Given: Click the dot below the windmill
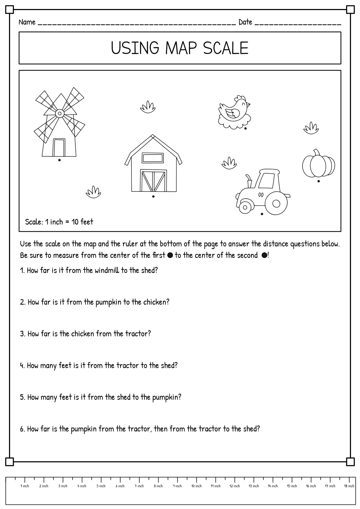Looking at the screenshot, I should pyautogui.click(x=59, y=160).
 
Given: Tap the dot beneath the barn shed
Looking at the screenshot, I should pyautogui.click(x=153, y=196).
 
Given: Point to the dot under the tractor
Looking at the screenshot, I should pyautogui.click(x=262, y=214).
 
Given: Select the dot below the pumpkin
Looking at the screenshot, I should pyautogui.click(x=319, y=181).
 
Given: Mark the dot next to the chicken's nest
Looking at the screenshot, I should pyautogui.click(x=245, y=129).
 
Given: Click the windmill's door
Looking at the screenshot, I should pyautogui.click(x=59, y=147).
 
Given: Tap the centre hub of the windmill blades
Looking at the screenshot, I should pyautogui.click(x=60, y=114).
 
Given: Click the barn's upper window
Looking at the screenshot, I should pyautogui.click(x=153, y=158).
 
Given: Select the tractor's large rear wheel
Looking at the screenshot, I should pyautogui.click(x=276, y=204).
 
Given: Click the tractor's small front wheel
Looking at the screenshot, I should pyautogui.click(x=245, y=207).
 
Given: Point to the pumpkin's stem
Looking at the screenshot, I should pyautogui.click(x=317, y=153).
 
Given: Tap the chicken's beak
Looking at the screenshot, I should pyautogui.click(x=249, y=104).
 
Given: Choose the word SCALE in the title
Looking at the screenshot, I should pyautogui.click(x=226, y=48).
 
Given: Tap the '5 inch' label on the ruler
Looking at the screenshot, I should pyautogui.click(x=101, y=486).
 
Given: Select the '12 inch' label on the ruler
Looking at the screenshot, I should pyautogui.click(x=235, y=486).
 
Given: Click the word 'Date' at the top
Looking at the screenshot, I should pyautogui.click(x=245, y=22).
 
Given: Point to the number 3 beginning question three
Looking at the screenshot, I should pyautogui.click(x=22, y=334).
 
